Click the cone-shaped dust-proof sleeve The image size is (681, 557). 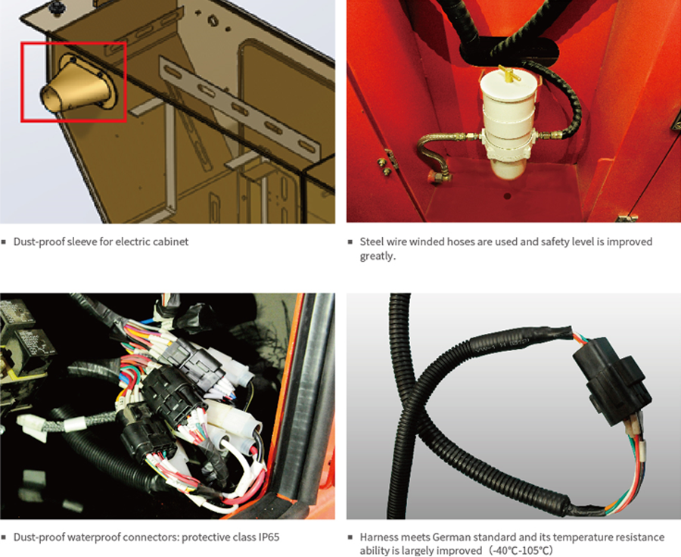tap(78, 85)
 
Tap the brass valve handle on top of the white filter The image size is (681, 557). tap(510, 73)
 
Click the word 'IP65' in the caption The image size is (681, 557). tap(269, 537)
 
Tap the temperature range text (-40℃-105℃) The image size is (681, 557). tap(521, 550)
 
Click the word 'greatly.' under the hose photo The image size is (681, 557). tap(378, 257)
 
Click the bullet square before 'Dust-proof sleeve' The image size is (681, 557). tap(4, 242)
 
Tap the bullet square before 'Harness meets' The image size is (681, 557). tap(350, 537)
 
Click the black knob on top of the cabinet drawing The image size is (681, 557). tap(55, 7)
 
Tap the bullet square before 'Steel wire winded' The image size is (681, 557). tap(350, 242)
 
